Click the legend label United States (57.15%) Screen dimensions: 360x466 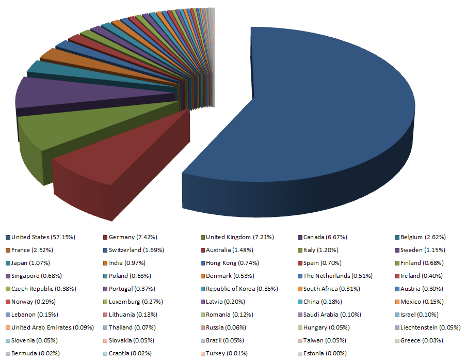click(x=43, y=237)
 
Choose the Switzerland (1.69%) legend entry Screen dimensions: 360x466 click(x=134, y=250)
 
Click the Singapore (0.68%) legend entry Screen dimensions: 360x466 click(x=35, y=276)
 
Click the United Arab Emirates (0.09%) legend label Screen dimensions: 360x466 click(x=52, y=327)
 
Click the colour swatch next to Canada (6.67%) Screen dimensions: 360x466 click(x=299, y=237)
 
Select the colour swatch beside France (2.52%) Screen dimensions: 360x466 click(x=8, y=250)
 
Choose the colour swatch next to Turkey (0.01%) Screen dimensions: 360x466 click(x=202, y=353)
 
